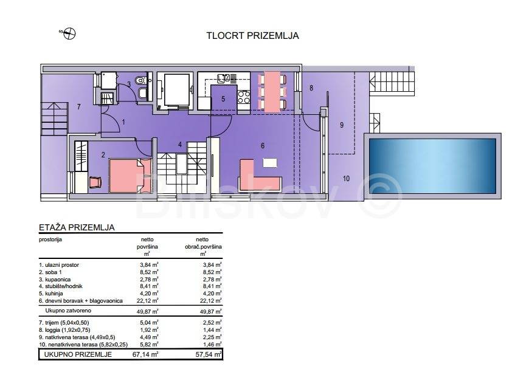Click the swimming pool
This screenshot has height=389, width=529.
point(432,166)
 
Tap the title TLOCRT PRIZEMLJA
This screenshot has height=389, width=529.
point(252,36)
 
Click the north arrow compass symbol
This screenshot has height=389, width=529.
point(69,33)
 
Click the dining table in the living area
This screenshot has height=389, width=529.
point(272,91)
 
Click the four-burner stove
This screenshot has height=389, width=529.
point(244,97)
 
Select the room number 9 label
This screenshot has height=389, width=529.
point(342,125)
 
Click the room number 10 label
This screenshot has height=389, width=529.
point(346,179)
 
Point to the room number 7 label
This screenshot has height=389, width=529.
point(78,106)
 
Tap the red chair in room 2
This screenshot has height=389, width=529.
point(95,182)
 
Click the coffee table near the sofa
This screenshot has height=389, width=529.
point(270,163)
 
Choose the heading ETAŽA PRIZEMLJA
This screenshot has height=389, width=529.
point(77,227)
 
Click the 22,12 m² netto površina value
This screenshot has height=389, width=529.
point(147,301)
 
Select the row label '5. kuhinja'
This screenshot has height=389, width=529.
point(51,294)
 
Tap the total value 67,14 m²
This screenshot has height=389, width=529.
point(145,354)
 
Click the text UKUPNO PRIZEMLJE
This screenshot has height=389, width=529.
point(78,354)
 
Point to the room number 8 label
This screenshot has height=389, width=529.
point(311,88)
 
